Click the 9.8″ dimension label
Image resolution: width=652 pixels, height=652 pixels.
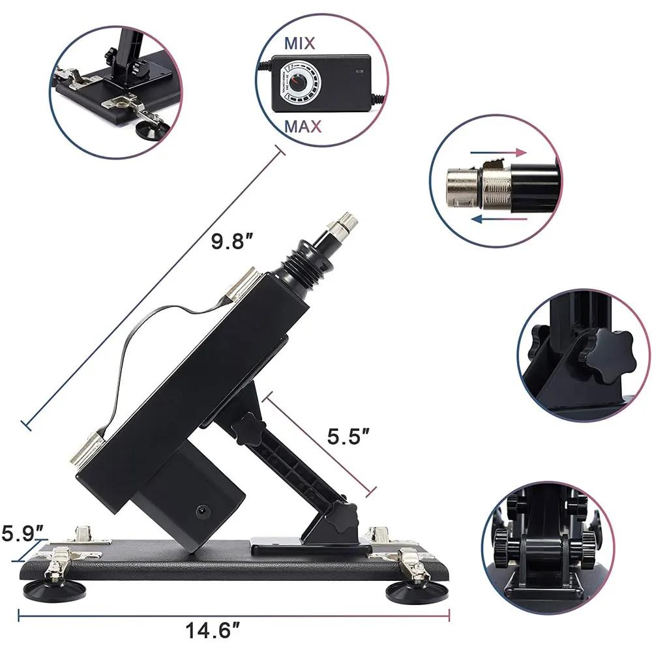pyautogui.click(x=231, y=242)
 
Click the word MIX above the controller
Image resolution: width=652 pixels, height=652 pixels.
pyautogui.click(x=300, y=44)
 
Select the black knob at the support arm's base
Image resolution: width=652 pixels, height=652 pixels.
pyautogui.click(x=345, y=519)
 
